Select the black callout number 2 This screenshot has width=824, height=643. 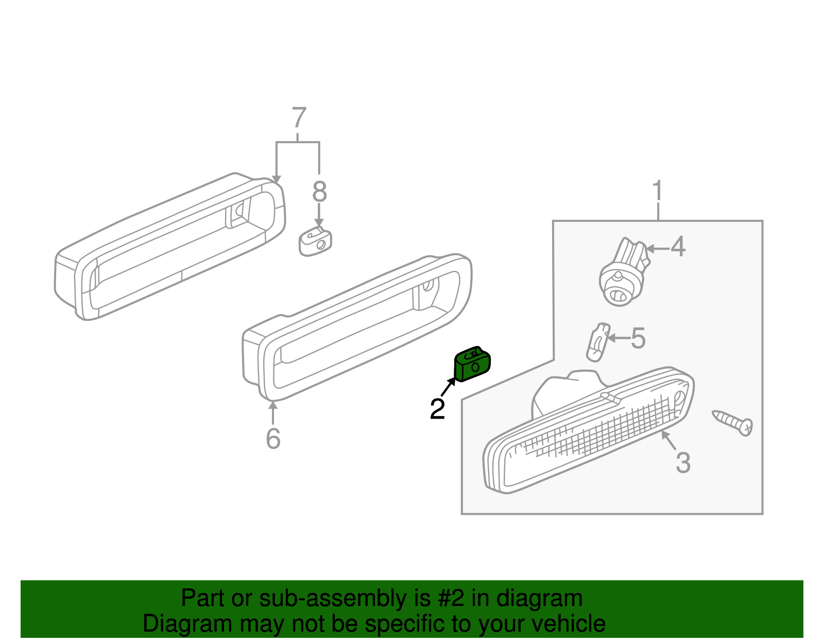(437, 409)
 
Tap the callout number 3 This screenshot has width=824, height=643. (683, 462)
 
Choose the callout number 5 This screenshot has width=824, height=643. (638, 339)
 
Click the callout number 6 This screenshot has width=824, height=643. (273, 438)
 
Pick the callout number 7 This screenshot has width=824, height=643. (299, 118)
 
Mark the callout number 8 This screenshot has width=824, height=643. (319, 192)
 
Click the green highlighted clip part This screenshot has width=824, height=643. (472, 364)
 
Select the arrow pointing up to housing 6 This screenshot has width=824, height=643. (273, 412)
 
